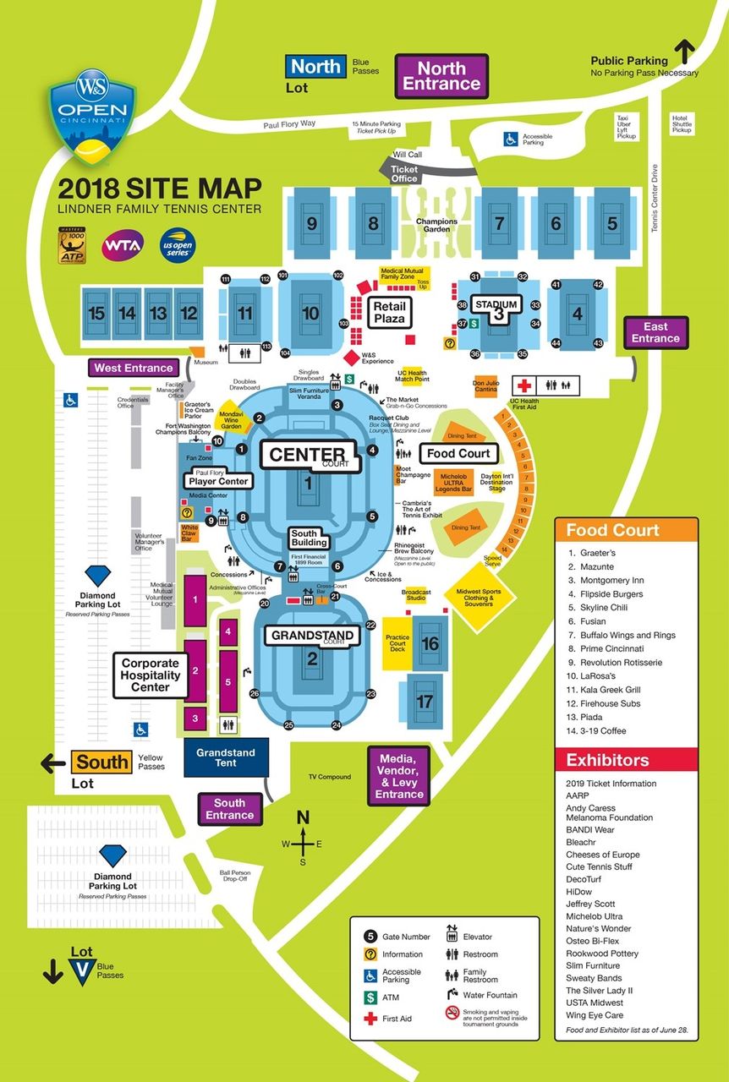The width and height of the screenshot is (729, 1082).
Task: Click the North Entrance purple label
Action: [x=441, y=76]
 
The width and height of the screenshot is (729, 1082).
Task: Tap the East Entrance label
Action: [x=655, y=332]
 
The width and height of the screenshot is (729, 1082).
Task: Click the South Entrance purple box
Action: [x=229, y=809]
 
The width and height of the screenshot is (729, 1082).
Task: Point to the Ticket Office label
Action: [x=404, y=174]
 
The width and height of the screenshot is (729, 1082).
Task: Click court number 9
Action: [x=312, y=224]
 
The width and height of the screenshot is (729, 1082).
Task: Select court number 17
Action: [x=425, y=702]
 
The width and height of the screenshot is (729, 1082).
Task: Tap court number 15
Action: [x=96, y=314]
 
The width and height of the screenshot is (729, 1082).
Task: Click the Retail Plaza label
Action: [x=390, y=313]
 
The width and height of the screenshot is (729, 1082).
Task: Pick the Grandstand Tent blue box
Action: [x=226, y=757]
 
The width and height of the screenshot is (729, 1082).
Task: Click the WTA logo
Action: [x=118, y=246]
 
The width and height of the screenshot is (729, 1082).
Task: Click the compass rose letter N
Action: [x=304, y=817]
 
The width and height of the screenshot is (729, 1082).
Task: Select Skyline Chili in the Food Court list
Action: [x=603, y=608]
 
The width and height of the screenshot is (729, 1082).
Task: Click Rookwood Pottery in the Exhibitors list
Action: [x=602, y=954]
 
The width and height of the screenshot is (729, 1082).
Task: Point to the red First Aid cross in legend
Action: [x=370, y=1018]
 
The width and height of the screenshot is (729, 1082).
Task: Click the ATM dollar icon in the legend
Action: [x=370, y=998]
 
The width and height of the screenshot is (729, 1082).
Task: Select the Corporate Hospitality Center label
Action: [x=151, y=675]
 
